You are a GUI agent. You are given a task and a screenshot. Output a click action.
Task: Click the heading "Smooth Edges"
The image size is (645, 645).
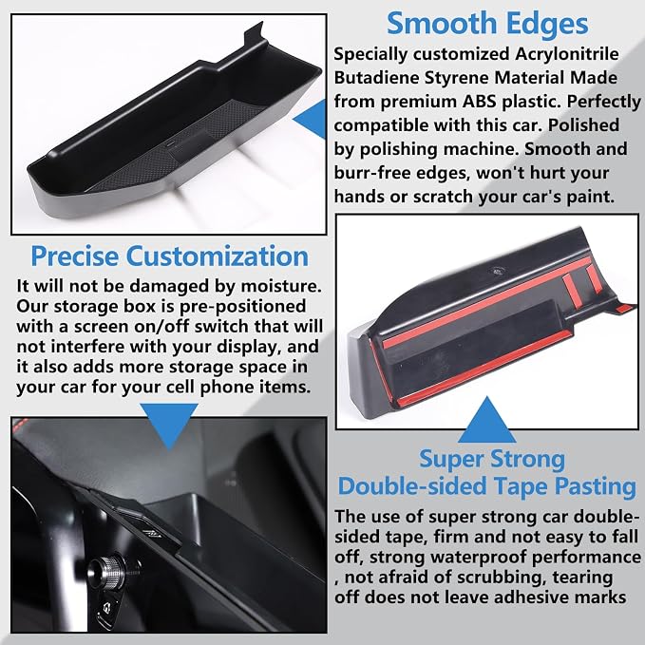[x=487, y=24]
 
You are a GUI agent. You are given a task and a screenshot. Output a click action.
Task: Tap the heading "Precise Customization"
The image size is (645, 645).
[x=169, y=256]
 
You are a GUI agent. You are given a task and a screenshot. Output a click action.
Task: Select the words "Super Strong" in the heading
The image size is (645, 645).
[x=492, y=460]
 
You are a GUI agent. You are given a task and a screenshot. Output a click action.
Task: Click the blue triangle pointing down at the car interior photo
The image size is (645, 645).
[x=169, y=425]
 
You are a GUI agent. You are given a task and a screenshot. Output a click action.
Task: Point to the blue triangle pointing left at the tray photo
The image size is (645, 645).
[x=311, y=120]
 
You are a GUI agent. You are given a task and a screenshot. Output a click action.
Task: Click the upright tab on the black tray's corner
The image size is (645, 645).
[x=254, y=34]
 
